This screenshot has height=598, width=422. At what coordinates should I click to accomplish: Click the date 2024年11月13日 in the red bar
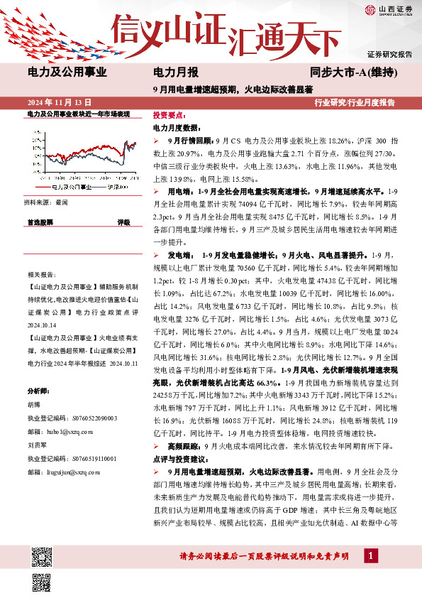59,103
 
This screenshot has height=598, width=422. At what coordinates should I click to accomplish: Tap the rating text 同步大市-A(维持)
352,72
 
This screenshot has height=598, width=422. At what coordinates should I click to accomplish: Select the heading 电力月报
176,72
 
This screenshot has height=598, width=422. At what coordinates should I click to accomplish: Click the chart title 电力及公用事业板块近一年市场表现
78,114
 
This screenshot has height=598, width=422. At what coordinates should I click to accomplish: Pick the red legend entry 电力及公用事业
70,187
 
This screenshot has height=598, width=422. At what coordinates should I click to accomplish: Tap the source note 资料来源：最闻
46,202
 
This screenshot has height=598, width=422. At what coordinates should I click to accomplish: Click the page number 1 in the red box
370,556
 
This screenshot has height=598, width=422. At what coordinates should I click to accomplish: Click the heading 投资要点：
169,114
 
